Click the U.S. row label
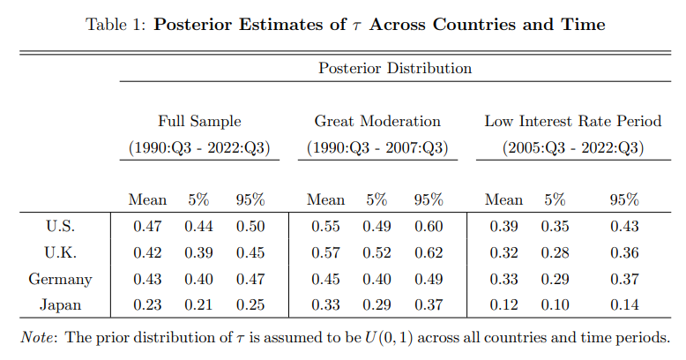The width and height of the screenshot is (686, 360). [60, 226]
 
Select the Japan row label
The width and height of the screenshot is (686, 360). [60, 304]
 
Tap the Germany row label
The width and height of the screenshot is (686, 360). [60, 279]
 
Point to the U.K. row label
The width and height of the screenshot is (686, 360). [60, 252]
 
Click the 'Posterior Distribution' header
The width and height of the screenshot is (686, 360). [395, 68]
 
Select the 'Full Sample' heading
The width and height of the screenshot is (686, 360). [199, 121]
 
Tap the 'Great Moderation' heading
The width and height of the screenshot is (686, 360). [377, 121]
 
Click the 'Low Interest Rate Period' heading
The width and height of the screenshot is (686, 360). [573, 121]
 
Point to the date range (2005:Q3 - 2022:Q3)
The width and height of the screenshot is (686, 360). [573, 147]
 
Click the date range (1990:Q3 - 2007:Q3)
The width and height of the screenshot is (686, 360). [377, 147]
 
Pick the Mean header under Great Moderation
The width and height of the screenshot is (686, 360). [326, 199]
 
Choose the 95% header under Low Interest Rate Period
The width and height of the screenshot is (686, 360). [624, 199]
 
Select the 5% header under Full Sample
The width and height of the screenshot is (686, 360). [198, 199]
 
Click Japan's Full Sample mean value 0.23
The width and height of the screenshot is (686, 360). [147, 304]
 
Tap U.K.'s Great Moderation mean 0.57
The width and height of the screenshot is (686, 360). [326, 252]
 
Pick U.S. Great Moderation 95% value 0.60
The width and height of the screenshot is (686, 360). [429, 227]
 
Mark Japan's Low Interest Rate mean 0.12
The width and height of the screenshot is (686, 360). [504, 304]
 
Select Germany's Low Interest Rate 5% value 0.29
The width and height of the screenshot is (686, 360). [556, 279]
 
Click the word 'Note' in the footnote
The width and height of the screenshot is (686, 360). [38, 338]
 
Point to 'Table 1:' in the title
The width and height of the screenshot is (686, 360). [116, 25]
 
